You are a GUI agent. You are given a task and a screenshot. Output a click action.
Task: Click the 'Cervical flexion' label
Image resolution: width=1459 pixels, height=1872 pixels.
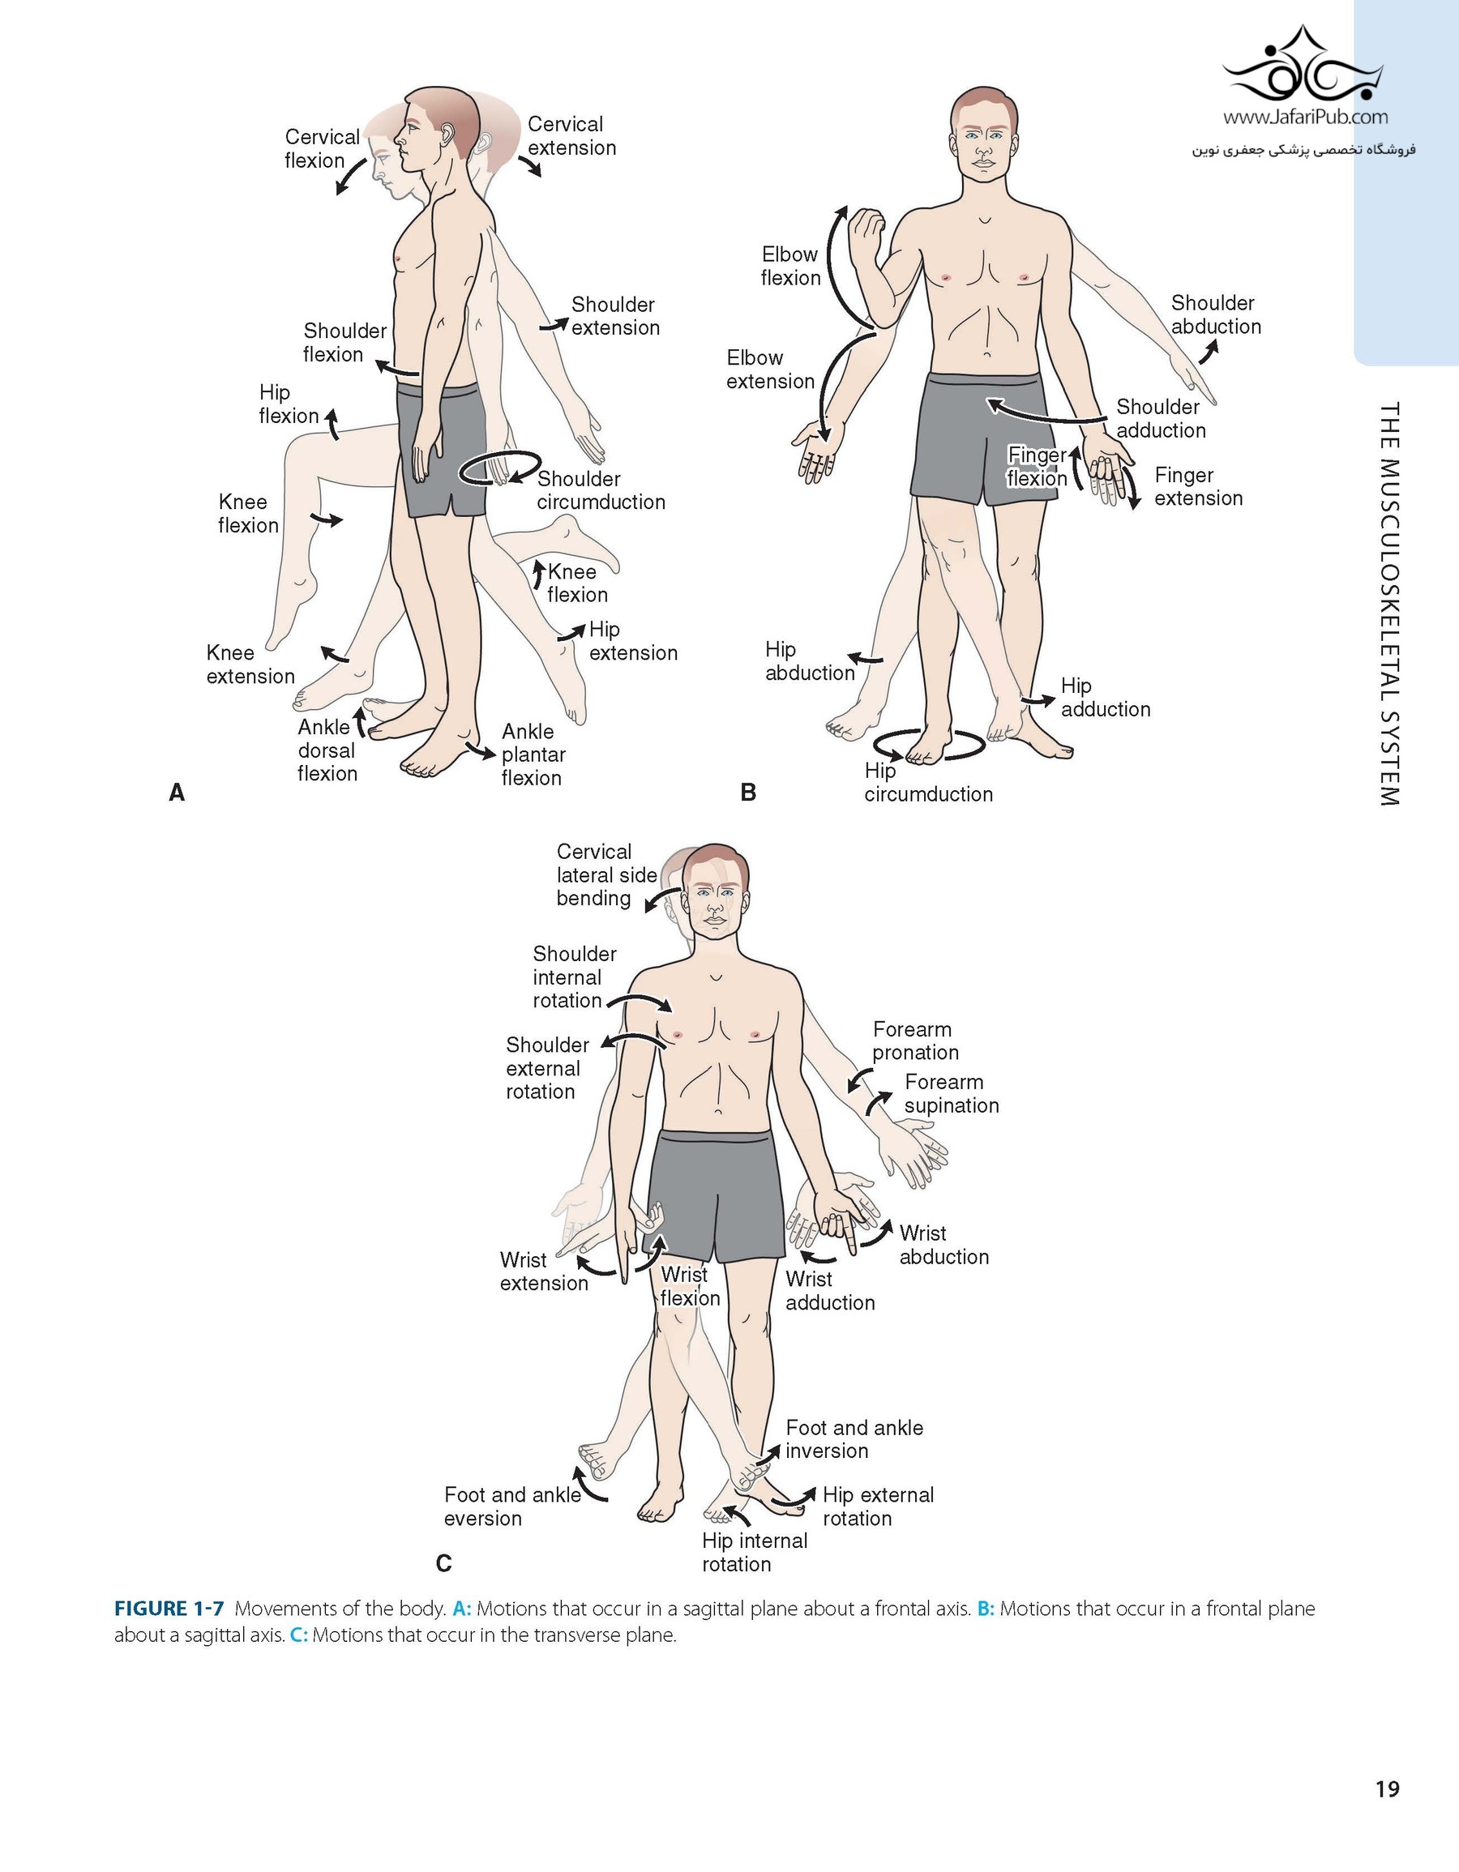[x=322, y=148]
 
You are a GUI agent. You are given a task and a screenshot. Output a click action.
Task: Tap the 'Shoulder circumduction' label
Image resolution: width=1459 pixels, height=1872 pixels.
[x=600, y=490]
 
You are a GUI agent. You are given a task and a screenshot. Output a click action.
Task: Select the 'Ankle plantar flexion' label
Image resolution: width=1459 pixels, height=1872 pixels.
[x=533, y=754]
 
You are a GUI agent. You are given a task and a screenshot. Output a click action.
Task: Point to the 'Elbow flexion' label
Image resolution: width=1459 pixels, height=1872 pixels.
[x=789, y=266]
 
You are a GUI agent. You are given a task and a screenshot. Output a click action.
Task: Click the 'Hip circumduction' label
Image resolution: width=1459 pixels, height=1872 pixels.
[x=927, y=783]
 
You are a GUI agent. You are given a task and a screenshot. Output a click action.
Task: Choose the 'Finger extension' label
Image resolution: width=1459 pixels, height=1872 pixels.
[x=1197, y=487]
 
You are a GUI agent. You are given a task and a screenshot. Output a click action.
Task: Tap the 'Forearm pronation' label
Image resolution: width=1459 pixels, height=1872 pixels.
[x=914, y=1041]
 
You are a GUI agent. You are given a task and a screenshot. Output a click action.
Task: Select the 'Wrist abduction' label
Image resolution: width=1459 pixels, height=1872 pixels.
[x=943, y=1245]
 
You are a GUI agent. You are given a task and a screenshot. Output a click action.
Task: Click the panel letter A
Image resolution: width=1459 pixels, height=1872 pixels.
[x=177, y=793]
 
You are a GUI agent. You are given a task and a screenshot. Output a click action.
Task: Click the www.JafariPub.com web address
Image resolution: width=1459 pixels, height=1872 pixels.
[x=1305, y=118]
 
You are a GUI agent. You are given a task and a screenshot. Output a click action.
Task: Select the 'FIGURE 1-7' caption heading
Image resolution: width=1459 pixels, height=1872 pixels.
[x=169, y=1609]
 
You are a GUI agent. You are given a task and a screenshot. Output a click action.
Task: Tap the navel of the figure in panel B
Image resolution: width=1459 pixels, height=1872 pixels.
[x=986, y=353]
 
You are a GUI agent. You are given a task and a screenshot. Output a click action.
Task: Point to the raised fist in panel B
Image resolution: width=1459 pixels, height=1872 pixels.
[x=866, y=229]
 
